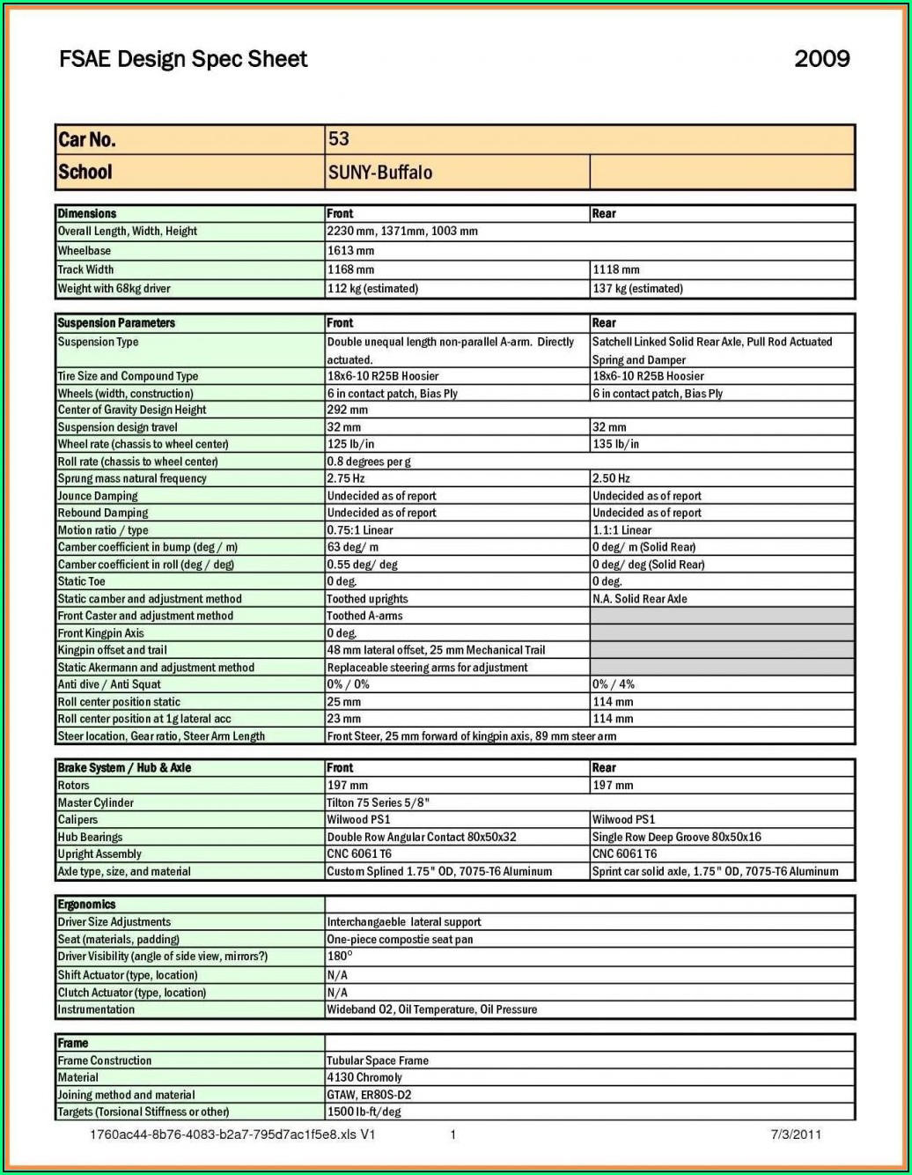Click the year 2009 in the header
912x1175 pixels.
[x=821, y=59]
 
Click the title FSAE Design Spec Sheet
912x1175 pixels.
[x=183, y=59]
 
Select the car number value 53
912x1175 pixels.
[x=339, y=139]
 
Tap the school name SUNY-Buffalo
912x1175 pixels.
[x=379, y=173]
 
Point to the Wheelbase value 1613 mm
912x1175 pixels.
[x=350, y=251]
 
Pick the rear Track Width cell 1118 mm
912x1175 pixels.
[x=616, y=270]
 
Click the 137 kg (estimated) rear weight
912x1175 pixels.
[x=637, y=289]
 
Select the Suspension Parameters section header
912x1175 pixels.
[x=116, y=323]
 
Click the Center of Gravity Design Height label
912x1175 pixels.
[x=132, y=410]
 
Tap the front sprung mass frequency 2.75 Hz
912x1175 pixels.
[x=345, y=478]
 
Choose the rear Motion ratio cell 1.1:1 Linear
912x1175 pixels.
[x=621, y=530]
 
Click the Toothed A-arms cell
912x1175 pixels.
[x=364, y=616]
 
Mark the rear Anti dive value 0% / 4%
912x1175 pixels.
[x=613, y=684]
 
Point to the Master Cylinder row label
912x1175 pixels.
[x=96, y=802]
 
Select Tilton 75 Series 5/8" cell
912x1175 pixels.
[x=378, y=802]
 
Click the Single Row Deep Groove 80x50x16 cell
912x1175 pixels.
[x=676, y=837]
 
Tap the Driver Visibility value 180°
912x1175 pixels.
[x=340, y=957]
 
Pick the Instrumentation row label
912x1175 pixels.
[x=96, y=1009]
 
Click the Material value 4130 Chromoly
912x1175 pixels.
[x=364, y=1077]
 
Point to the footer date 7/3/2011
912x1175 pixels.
[x=796, y=1134]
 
